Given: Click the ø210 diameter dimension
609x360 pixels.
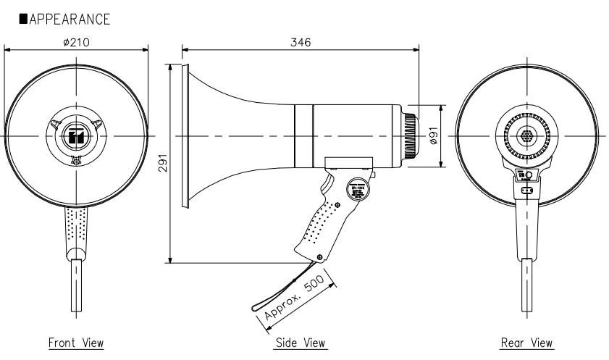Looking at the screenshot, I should coord(76,42).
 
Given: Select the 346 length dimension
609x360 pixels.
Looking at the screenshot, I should coord(301,42).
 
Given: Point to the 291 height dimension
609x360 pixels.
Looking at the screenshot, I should coord(163,164).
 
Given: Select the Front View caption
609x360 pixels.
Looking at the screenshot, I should coord(76,342).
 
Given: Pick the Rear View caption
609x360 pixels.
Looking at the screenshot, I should coord(527,342).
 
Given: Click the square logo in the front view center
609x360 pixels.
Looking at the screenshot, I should coord(76,136).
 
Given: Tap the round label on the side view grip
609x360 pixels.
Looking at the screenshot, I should coord(356,191).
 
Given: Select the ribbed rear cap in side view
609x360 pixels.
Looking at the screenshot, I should coord(411,136).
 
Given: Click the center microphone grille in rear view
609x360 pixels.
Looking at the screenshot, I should coord(526,136).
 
